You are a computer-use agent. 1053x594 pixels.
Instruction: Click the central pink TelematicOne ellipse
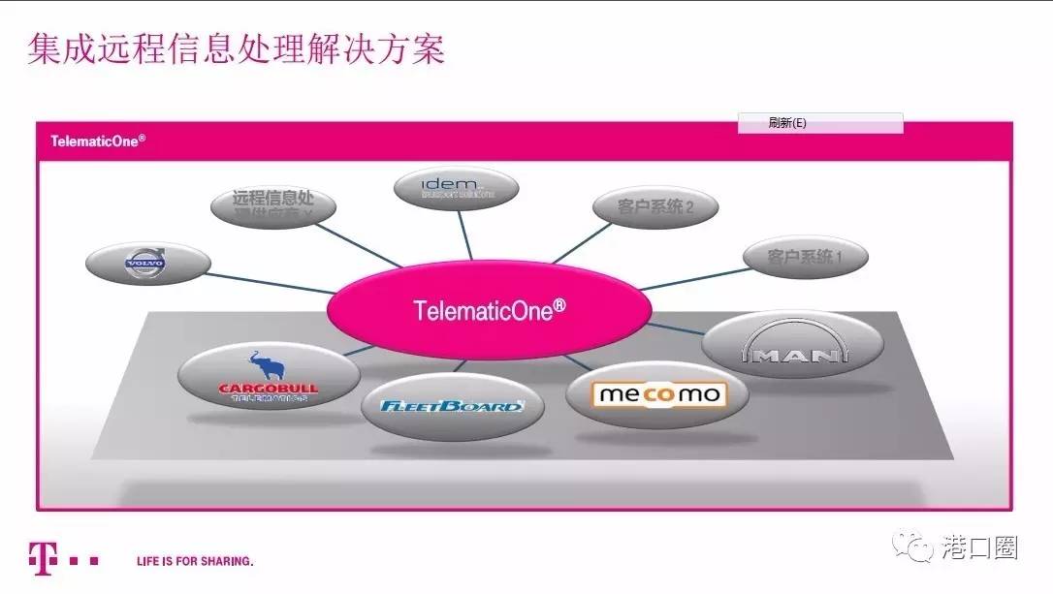(x=489, y=310)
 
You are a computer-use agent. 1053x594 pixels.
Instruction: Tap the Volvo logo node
(x=147, y=262)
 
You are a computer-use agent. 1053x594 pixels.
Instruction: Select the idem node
(x=457, y=187)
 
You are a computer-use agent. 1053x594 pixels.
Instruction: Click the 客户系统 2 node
(x=655, y=206)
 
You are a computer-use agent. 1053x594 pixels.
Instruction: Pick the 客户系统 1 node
(x=805, y=257)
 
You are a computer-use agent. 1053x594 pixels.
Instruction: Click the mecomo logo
(x=658, y=394)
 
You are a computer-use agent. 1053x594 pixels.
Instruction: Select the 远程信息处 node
(x=273, y=204)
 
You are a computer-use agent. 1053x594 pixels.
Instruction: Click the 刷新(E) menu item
(x=787, y=123)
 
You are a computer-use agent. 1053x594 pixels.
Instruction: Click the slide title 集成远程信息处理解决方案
(x=236, y=49)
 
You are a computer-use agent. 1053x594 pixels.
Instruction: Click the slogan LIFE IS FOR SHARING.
(x=195, y=561)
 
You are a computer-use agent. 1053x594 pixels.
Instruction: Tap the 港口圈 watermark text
(x=979, y=548)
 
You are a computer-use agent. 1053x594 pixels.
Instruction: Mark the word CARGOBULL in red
(x=268, y=390)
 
